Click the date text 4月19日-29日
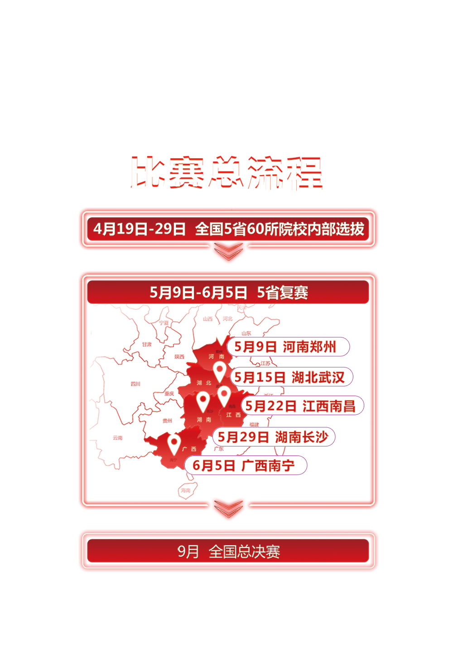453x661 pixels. point(140,229)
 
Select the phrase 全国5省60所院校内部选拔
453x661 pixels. point(280,229)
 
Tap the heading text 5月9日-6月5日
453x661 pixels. point(198,293)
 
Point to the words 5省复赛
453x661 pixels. point(282,293)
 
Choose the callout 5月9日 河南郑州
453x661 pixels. point(288,347)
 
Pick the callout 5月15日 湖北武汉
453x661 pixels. point(291,377)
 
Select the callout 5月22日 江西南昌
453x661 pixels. point(302,406)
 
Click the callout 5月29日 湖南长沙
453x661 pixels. point(274,437)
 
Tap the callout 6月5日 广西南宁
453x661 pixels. point(246,465)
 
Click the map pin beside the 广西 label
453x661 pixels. point(173,444)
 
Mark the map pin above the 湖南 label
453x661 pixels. point(203,401)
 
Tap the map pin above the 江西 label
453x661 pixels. point(224,395)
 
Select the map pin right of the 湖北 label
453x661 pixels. point(220,371)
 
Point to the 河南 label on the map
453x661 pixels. point(216,357)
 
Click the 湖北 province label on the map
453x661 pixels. point(204,383)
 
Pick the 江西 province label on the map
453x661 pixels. point(233,415)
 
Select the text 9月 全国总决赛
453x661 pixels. point(228,552)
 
